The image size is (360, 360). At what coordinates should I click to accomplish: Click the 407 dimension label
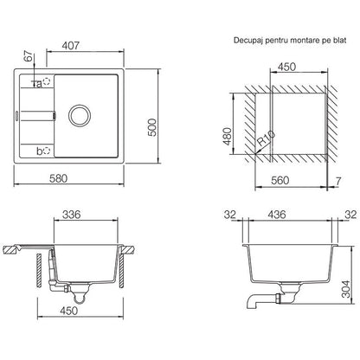71,46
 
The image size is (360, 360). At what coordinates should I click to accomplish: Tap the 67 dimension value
29,56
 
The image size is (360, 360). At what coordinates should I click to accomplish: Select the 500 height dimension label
151,127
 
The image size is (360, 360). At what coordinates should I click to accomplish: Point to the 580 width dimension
58,178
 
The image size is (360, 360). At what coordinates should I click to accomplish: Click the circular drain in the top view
80,115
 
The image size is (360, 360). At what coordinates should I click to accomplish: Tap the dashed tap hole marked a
47,81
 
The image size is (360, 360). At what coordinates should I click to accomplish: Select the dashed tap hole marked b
47,151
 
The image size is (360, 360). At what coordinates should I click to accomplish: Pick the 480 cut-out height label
228,137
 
